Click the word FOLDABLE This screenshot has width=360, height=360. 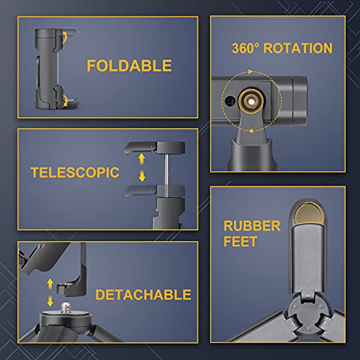tap(130, 66)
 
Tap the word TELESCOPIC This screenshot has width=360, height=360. tap(75, 172)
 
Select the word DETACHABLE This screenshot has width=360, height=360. tap(143, 294)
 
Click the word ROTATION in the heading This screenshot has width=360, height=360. tap(298, 48)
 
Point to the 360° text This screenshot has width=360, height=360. tap(245, 48)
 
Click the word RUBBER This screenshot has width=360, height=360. tap(252, 226)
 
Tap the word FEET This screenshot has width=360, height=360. tap(240, 241)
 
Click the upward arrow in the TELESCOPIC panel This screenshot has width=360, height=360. tap(142, 159)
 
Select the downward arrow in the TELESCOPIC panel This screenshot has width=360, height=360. tap(142, 176)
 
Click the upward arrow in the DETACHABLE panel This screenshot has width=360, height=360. tap(50, 284)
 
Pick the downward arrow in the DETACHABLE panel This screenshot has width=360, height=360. tap(50, 301)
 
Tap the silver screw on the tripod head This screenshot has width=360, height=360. tap(64, 307)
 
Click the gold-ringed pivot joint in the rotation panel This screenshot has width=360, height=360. tap(251, 102)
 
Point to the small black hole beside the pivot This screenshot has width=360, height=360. tap(230, 101)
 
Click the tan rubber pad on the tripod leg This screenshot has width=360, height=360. tap(309, 213)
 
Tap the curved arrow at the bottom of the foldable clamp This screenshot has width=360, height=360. tap(66, 100)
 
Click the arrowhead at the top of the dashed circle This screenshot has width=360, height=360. tap(251, 71)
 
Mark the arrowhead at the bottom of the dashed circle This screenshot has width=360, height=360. tap(251, 131)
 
